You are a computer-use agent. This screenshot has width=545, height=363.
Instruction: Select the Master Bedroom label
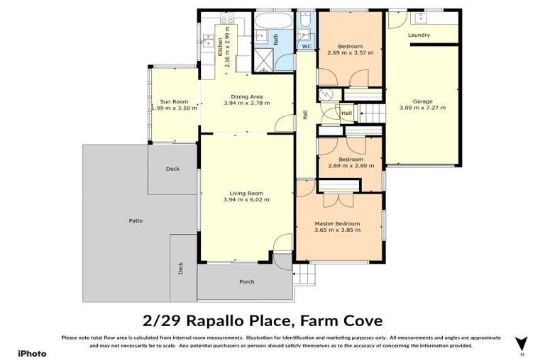click(x=338, y=223)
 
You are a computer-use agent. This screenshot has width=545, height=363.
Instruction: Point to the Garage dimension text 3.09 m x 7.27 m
click(x=422, y=108)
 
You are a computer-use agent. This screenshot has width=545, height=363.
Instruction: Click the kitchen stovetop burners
click(x=209, y=43)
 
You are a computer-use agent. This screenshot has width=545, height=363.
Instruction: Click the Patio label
click(x=135, y=220)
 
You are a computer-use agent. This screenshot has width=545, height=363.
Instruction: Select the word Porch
click(x=246, y=281)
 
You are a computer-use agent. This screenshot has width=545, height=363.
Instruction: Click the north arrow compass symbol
click(x=522, y=343)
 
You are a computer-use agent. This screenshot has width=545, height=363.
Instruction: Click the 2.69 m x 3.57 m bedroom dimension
click(x=350, y=52)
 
